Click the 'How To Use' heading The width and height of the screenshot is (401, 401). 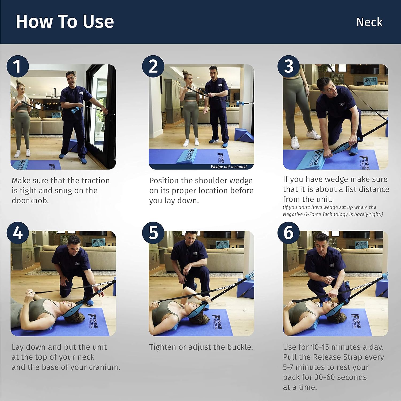coord(65,21)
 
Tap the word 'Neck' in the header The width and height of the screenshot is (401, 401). coord(369,22)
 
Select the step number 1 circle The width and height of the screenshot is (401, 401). coord(18,66)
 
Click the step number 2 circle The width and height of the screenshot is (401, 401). coord(153,66)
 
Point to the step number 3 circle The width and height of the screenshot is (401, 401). coord(288,66)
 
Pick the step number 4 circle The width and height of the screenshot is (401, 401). coord(18,233)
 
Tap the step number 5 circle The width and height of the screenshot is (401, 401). coord(153,233)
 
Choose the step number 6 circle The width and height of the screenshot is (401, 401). coord(288,233)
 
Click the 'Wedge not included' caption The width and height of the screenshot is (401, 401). coord(229,167)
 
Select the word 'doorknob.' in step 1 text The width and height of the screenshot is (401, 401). coord(30,201)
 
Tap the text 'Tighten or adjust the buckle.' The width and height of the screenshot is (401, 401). coord(201,347)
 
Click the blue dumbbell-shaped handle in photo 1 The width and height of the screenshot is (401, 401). coord(75,110)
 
